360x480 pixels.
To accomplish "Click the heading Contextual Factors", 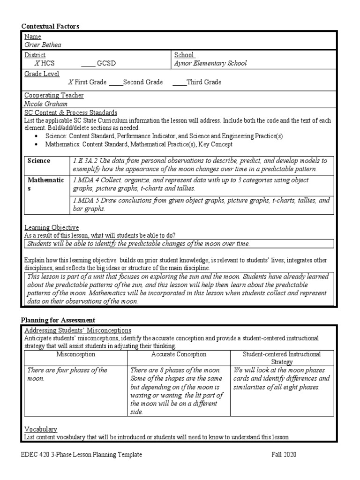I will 50,27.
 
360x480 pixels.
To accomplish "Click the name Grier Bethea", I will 42,45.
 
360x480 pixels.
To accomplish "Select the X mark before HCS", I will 37,63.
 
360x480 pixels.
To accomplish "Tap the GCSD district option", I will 106,63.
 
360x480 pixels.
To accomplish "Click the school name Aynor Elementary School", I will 210,63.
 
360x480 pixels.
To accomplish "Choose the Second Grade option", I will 142,82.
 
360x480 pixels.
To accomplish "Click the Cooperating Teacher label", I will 54,96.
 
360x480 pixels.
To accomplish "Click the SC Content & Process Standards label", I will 70,113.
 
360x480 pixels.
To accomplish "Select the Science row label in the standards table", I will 39,161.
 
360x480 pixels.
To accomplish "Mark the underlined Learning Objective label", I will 52,228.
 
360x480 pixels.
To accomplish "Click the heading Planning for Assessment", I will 58,320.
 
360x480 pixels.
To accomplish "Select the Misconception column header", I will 75,355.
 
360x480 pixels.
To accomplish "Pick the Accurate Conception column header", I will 179,355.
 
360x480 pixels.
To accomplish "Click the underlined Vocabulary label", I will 41,429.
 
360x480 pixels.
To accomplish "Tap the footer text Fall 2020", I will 284,455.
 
